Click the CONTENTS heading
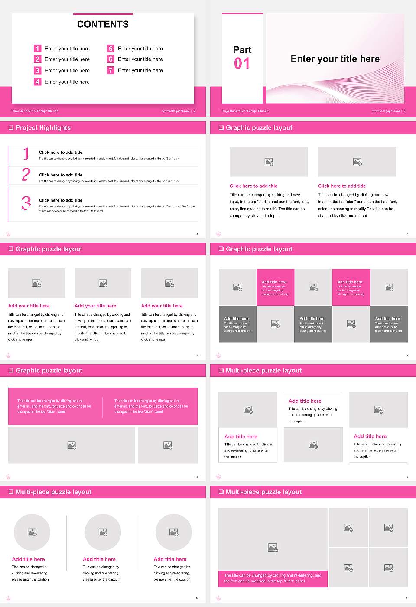tap(103, 24)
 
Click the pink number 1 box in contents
tap(38, 49)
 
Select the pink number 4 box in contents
tap(38, 82)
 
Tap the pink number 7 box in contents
tap(110, 70)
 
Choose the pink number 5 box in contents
tap(110, 49)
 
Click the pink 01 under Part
tap(242, 64)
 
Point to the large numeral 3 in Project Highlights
tap(26, 203)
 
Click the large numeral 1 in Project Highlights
tap(26, 154)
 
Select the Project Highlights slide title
tap(43, 128)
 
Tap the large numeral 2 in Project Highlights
tap(26, 175)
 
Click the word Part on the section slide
tap(242, 50)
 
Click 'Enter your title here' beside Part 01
tap(335, 59)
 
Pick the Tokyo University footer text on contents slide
tap(35, 111)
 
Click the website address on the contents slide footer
tap(175, 111)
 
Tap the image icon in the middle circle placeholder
tap(103, 532)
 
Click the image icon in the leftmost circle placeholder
tap(32, 532)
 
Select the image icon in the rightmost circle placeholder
tap(174, 532)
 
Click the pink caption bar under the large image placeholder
tap(273, 578)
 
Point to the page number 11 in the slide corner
tap(407, 598)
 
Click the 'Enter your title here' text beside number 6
tap(140, 59)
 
